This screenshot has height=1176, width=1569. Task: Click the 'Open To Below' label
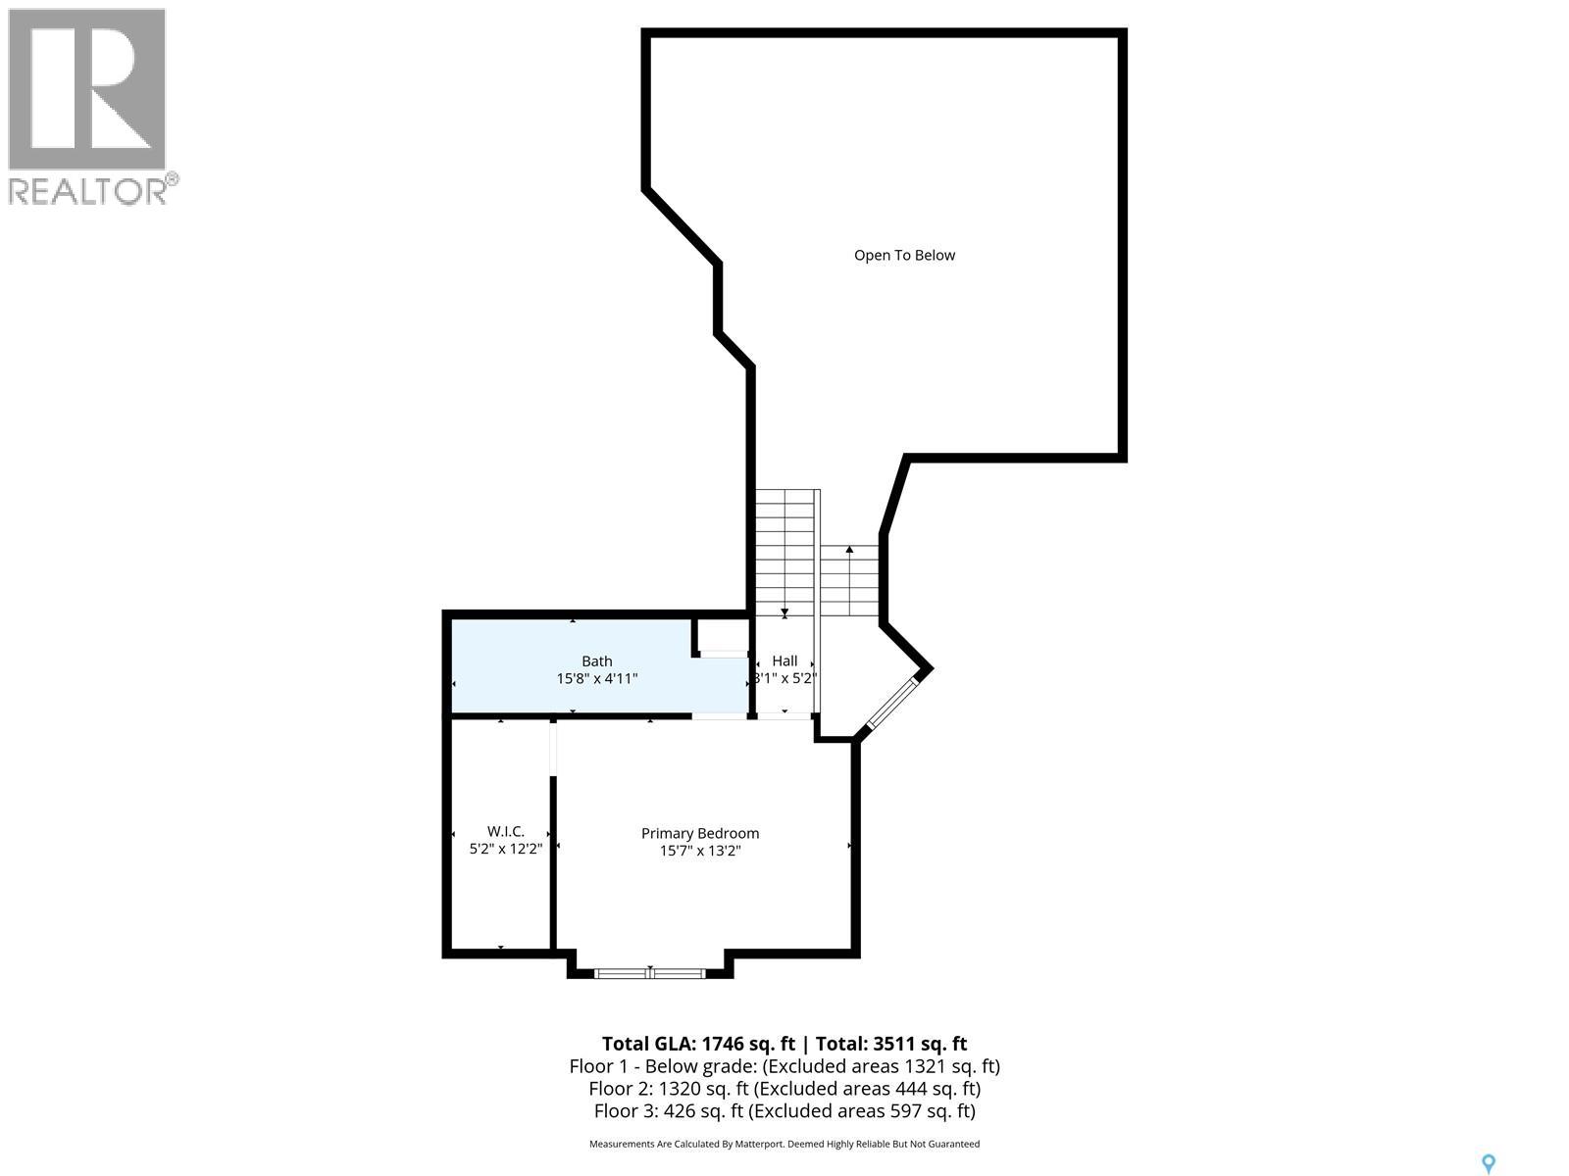tap(904, 256)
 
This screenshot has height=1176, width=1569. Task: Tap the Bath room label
tap(596, 661)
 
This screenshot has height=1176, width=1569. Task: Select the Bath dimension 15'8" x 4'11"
tap(596, 678)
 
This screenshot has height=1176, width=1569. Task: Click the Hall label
tap(784, 661)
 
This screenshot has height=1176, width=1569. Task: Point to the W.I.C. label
tap(505, 832)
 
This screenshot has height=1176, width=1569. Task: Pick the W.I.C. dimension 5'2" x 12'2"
tap(505, 850)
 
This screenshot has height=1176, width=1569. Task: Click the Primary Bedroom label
tap(700, 834)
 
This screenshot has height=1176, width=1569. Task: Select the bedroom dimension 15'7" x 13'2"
tap(700, 851)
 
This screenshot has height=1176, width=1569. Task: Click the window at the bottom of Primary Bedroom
tap(650, 972)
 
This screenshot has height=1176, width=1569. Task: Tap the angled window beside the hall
tap(890, 702)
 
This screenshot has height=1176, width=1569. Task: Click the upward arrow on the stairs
tap(849, 551)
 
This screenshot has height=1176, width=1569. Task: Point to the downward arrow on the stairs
tap(784, 612)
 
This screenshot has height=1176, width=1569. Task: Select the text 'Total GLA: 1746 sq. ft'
tap(697, 1044)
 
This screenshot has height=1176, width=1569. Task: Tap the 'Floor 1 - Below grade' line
tap(784, 1066)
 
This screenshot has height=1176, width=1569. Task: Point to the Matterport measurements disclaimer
tap(784, 1144)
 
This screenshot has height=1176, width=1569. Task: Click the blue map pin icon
tap(1489, 1164)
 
